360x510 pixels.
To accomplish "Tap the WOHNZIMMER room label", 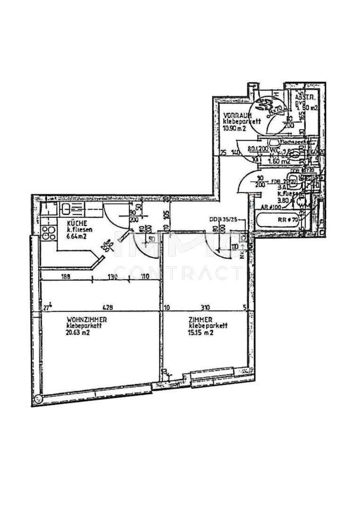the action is tap(83, 320).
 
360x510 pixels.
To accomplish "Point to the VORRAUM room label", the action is tap(237, 116).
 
